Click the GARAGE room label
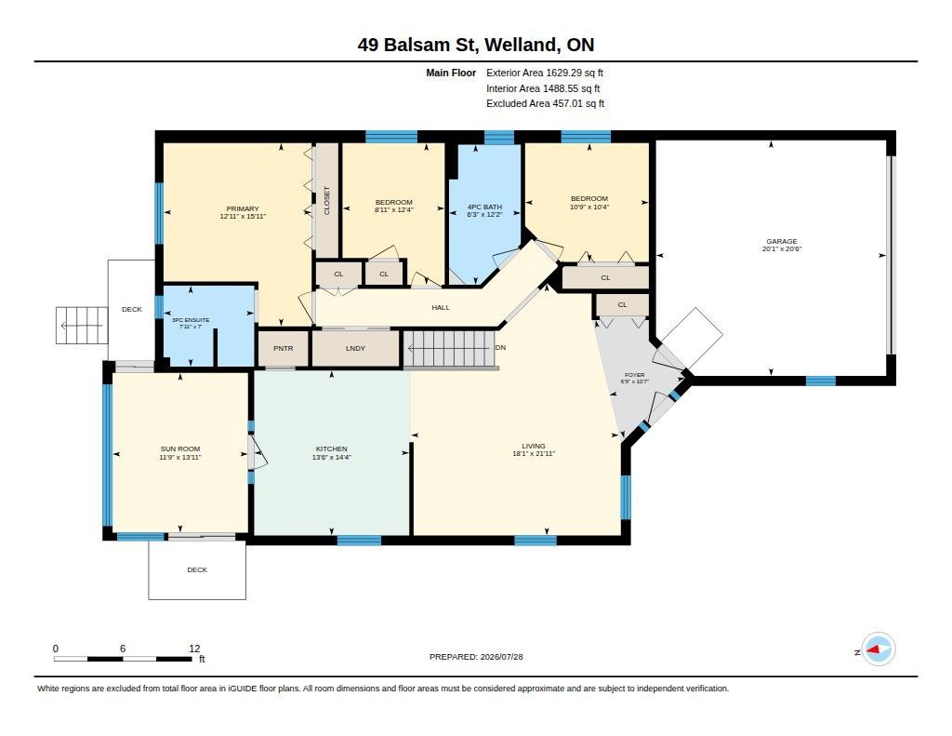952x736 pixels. tap(781, 241)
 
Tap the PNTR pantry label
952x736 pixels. tap(283, 348)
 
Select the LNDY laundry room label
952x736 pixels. tap(356, 348)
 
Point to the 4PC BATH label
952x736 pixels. tap(484, 207)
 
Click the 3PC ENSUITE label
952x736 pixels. tap(191, 320)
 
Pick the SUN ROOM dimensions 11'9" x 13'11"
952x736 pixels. tap(180, 457)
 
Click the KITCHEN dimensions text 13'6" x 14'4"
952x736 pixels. tap(332, 457)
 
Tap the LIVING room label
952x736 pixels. tap(534, 446)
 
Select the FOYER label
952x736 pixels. tap(634, 375)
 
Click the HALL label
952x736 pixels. tap(441, 308)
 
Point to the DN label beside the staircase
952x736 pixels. tap(501, 348)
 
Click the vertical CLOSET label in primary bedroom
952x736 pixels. tap(326, 201)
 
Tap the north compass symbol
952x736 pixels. tap(878, 649)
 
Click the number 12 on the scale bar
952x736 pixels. tap(194, 649)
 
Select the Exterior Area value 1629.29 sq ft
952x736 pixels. tap(575, 73)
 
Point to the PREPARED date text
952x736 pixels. tap(476, 656)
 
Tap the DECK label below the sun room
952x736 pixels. tap(197, 569)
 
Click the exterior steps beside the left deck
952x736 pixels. tap(82, 326)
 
